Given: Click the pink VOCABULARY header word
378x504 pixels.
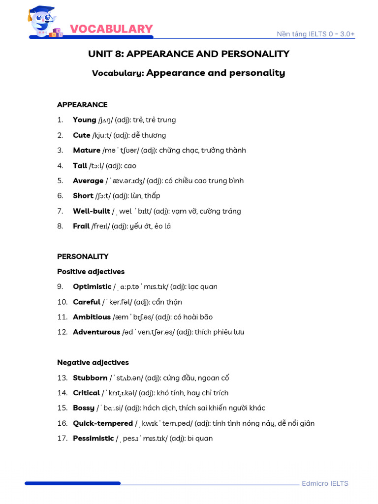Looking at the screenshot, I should [111, 29].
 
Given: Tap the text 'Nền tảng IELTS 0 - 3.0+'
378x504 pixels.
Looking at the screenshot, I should [315, 34].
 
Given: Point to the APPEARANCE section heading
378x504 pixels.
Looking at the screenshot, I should [82, 105].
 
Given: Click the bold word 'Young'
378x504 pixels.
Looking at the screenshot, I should [85, 120].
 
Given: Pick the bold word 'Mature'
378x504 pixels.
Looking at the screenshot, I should [87, 150].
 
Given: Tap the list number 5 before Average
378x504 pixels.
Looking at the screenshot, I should [60, 181].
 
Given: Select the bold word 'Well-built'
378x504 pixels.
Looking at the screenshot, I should [92, 211].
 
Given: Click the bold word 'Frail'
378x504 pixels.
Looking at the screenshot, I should [81, 226].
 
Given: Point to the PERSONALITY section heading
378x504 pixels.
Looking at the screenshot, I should [83, 256].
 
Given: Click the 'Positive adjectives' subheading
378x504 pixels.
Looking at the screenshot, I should [91, 272].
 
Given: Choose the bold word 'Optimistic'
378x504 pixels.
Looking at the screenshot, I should [92, 286].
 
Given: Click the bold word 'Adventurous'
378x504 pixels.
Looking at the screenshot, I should [96, 332].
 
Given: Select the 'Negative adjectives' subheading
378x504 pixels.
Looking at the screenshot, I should [93, 362].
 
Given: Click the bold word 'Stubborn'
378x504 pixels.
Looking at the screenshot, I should [90, 378].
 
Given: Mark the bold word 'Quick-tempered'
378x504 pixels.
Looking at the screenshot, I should [103, 423].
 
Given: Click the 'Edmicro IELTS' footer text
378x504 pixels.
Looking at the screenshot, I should [325, 483].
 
